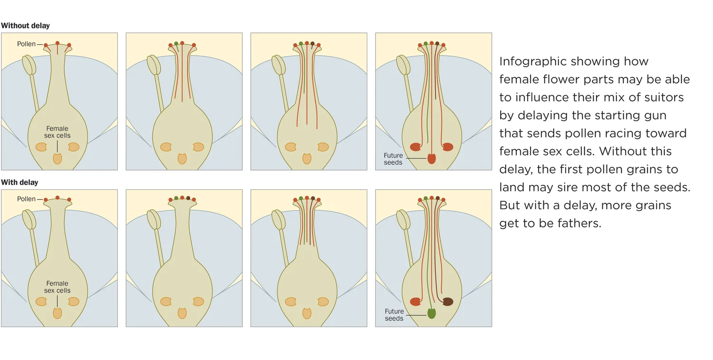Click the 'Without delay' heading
pyautogui.click(x=25, y=26)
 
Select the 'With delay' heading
pyautogui.click(x=19, y=183)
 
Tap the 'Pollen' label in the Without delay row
pyautogui.click(x=26, y=44)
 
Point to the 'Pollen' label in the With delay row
pyautogui.click(x=26, y=199)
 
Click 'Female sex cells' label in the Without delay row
pyautogui.click(x=57, y=132)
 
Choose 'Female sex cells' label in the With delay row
pyautogui.click(x=57, y=287)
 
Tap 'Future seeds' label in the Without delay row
pyautogui.click(x=393, y=159)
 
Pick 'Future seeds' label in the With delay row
pyautogui.click(x=394, y=315)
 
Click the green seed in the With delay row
pyautogui.click(x=432, y=313)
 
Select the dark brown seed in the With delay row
pyautogui.click(x=448, y=302)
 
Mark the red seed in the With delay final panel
pyautogui.click(x=415, y=302)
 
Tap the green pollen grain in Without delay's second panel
pyautogui.click(x=176, y=43)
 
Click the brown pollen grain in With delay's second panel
pyautogui.click(x=188, y=198)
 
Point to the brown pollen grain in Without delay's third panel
pyautogui.click(x=313, y=43)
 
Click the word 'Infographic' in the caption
pyautogui.click(x=532, y=61)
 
